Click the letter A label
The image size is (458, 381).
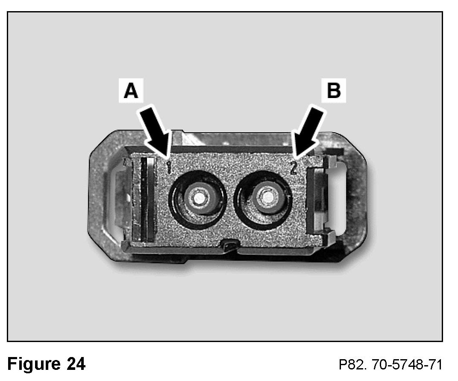coord(131,91)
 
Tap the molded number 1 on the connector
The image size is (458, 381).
coord(169,167)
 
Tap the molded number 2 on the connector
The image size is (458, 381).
coord(294,167)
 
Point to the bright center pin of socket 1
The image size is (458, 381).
coord(199,198)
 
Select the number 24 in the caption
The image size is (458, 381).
coord(75,364)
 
